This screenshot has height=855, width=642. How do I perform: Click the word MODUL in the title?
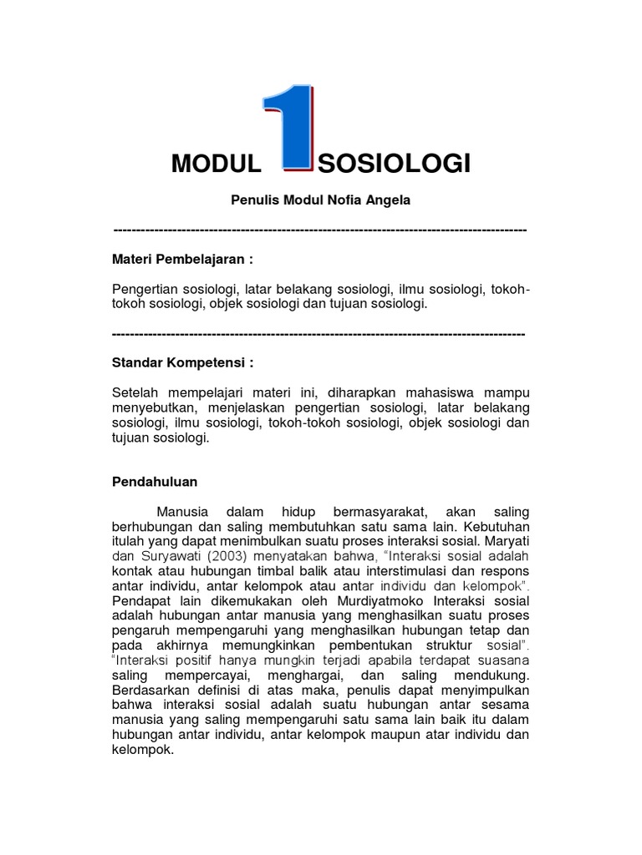(x=217, y=164)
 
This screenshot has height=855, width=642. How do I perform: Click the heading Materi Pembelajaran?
(x=182, y=259)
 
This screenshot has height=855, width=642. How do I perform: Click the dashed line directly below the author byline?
(x=319, y=229)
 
